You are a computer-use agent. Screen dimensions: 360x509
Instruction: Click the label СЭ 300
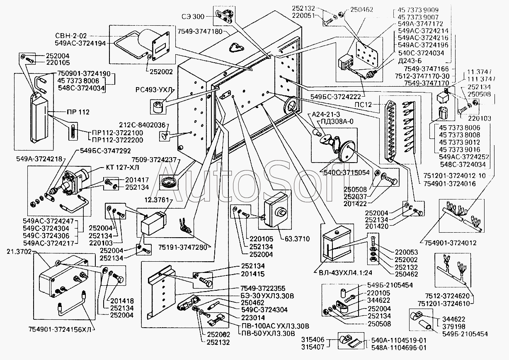click(193, 17)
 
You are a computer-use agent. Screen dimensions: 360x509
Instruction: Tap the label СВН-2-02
click(70, 36)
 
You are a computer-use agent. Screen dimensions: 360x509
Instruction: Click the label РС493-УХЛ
click(153, 90)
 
